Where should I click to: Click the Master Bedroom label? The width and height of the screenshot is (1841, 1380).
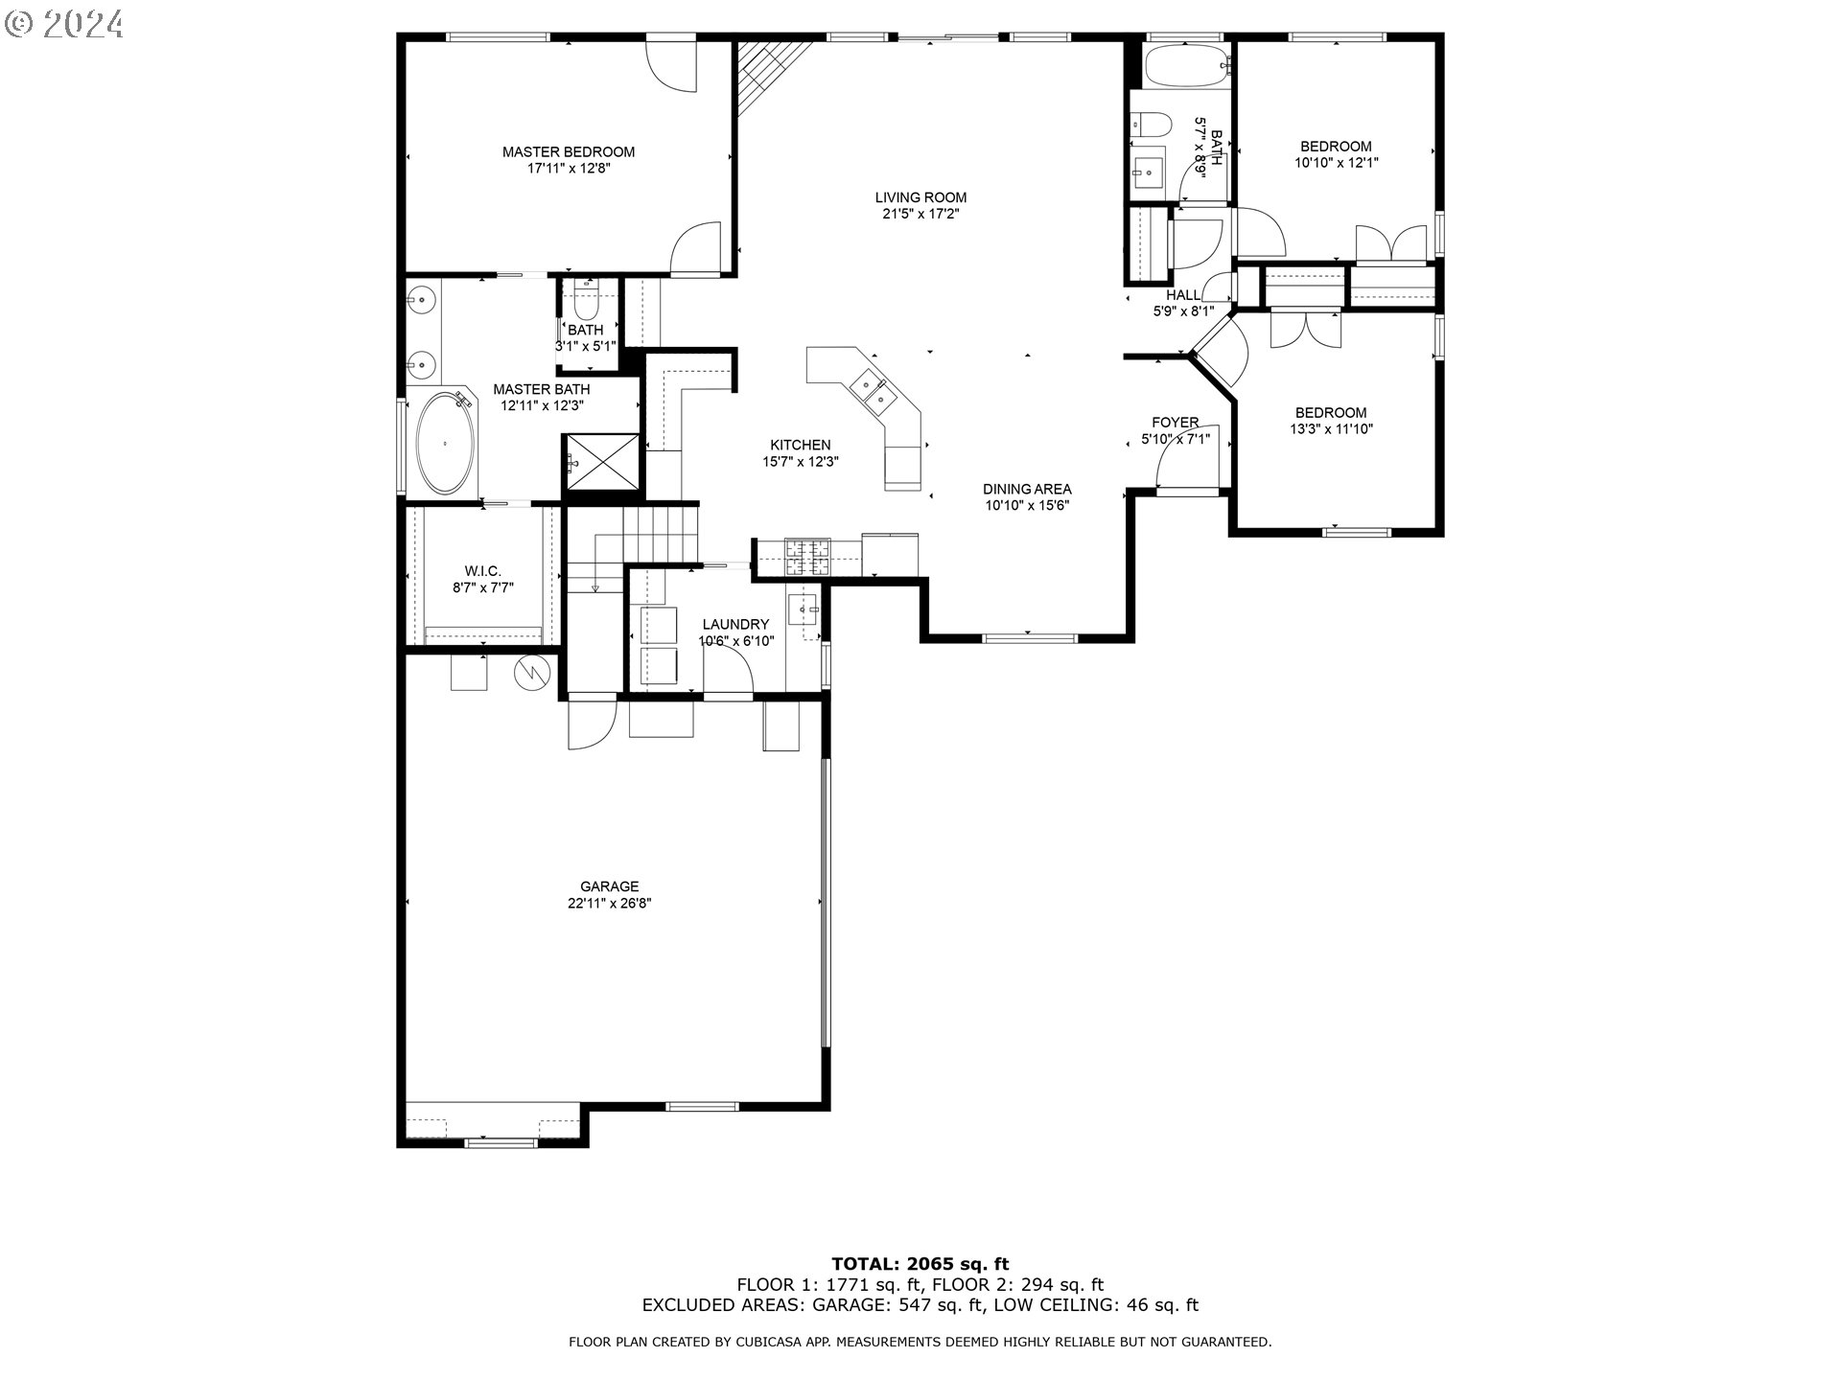(568, 151)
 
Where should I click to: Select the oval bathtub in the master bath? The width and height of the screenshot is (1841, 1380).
(445, 443)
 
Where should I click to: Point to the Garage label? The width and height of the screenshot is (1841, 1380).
(609, 886)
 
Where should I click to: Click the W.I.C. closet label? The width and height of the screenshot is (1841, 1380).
(483, 571)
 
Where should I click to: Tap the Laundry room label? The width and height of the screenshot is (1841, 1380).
(735, 624)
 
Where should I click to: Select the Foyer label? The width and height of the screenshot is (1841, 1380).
(1175, 423)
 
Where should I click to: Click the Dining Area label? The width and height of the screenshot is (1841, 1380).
(1027, 489)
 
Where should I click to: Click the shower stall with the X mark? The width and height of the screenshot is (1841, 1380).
(601, 461)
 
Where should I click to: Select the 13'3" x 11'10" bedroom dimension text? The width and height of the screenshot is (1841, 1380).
(1331, 429)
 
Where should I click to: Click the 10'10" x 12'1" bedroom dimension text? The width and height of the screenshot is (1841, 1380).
(1336, 163)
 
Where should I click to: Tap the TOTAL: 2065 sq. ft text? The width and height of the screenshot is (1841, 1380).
(920, 1264)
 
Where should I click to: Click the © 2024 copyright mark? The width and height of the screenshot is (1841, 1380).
(64, 23)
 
